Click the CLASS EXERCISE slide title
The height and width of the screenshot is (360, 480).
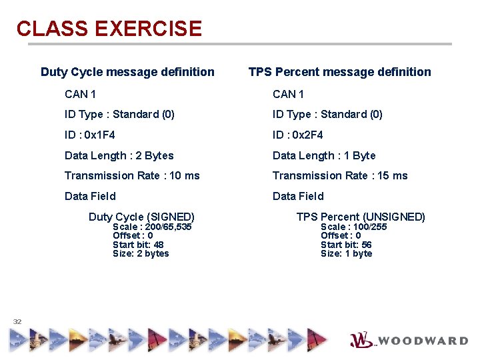coord(109,29)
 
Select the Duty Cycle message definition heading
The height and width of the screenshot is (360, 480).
coord(127,72)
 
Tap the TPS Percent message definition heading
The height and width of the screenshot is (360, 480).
coord(339,72)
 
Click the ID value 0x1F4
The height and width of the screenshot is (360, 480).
coord(100,135)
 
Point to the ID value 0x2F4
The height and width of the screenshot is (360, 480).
coord(308,135)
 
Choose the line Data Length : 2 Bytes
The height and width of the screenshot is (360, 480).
coord(119,155)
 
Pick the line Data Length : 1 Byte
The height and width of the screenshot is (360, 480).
coord(324,155)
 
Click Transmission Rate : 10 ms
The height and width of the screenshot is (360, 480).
coord(132,175)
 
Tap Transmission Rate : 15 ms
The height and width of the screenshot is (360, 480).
coord(340,175)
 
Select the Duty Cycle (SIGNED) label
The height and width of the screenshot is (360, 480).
coord(141,217)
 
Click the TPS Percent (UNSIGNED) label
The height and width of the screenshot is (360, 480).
coord(361,217)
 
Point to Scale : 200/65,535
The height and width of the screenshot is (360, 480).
coord(152,227)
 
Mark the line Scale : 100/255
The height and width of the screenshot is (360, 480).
coord(353,227)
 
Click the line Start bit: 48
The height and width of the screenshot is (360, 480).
coord(138,245)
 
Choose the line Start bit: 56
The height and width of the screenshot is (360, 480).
coord(346,245)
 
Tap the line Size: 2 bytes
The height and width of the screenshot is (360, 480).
coord(141,253)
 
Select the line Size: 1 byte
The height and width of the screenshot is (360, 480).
coord(346,253)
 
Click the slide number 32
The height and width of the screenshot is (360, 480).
coord(17,321)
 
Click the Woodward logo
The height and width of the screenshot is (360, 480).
coord(409,340)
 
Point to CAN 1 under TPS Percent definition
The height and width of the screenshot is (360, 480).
coord(288,94)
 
